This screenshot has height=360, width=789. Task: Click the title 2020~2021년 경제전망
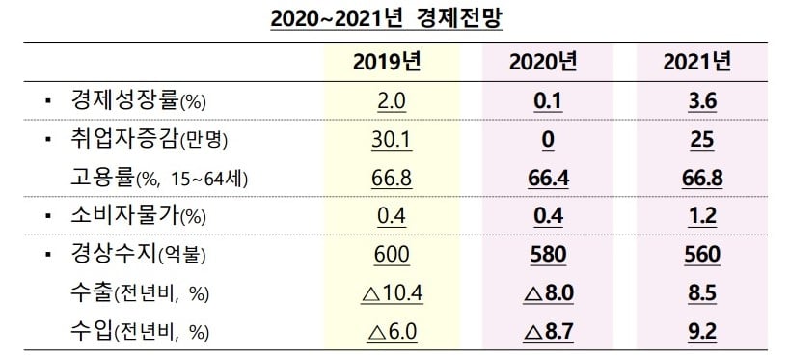(x=394, y=18)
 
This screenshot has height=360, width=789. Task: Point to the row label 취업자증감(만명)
(x=144, y=140)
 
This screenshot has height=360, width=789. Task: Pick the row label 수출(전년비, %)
(x=140, y=293)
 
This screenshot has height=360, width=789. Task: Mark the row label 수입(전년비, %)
(x=140, y=332)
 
